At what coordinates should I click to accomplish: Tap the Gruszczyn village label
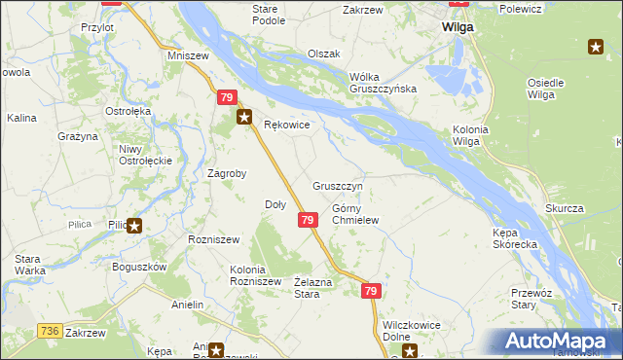pos(338,185)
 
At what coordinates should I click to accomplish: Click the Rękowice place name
pos(287,126)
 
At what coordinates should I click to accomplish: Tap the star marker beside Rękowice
pos(244,118)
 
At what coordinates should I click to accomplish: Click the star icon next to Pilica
pos(134,227)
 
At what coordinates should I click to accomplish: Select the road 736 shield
pos(52,331)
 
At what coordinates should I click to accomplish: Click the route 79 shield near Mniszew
pos(226,98)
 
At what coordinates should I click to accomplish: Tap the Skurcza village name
pos(564,209)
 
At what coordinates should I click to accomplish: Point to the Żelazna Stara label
pos(307,287)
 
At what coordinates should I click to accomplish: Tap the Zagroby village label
pos(227,174)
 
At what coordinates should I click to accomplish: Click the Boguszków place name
pos(140,267)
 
